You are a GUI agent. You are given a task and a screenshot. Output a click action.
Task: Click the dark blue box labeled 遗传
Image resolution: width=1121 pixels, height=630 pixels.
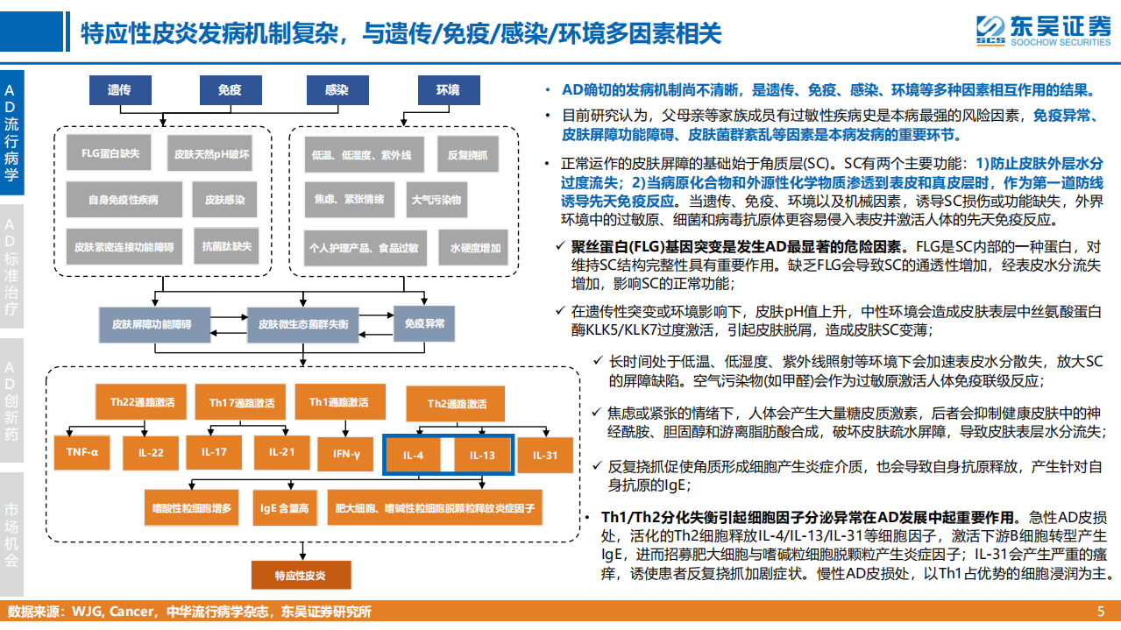click(119, 90)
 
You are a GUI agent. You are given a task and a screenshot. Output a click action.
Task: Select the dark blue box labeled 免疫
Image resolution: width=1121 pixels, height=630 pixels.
click(230, 90)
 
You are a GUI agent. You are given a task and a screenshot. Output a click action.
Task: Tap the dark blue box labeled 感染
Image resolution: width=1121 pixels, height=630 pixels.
click(337, 90)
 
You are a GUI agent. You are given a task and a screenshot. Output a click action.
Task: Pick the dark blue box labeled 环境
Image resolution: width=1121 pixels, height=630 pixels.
click(447, 90)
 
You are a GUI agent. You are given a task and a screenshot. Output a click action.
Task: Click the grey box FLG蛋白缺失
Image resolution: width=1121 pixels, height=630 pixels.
click(110, 152)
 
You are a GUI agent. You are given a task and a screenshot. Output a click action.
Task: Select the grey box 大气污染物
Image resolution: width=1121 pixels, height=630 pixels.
click(436, 200)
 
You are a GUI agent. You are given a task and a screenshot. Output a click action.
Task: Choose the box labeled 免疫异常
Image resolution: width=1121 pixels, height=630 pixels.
click(424, 323)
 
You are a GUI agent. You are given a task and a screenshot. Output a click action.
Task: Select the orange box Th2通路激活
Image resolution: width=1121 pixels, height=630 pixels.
click(457, 404)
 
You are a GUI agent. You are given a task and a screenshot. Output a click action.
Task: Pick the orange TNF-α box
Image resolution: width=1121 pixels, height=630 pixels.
click(82, 452)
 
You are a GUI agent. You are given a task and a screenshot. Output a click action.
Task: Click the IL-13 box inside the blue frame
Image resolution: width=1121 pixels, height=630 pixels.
click(482, 456)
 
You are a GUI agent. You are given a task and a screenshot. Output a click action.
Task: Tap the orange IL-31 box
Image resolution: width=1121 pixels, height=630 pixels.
click(545, 455)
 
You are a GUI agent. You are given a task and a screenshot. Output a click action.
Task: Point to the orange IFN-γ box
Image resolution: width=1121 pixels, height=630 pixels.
click(346, 454)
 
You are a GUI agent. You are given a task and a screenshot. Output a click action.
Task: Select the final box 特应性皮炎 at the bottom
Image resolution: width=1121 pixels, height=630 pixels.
click(300, 576)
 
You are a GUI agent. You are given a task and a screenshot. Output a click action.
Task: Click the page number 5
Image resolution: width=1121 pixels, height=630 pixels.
click(1101, 612)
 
